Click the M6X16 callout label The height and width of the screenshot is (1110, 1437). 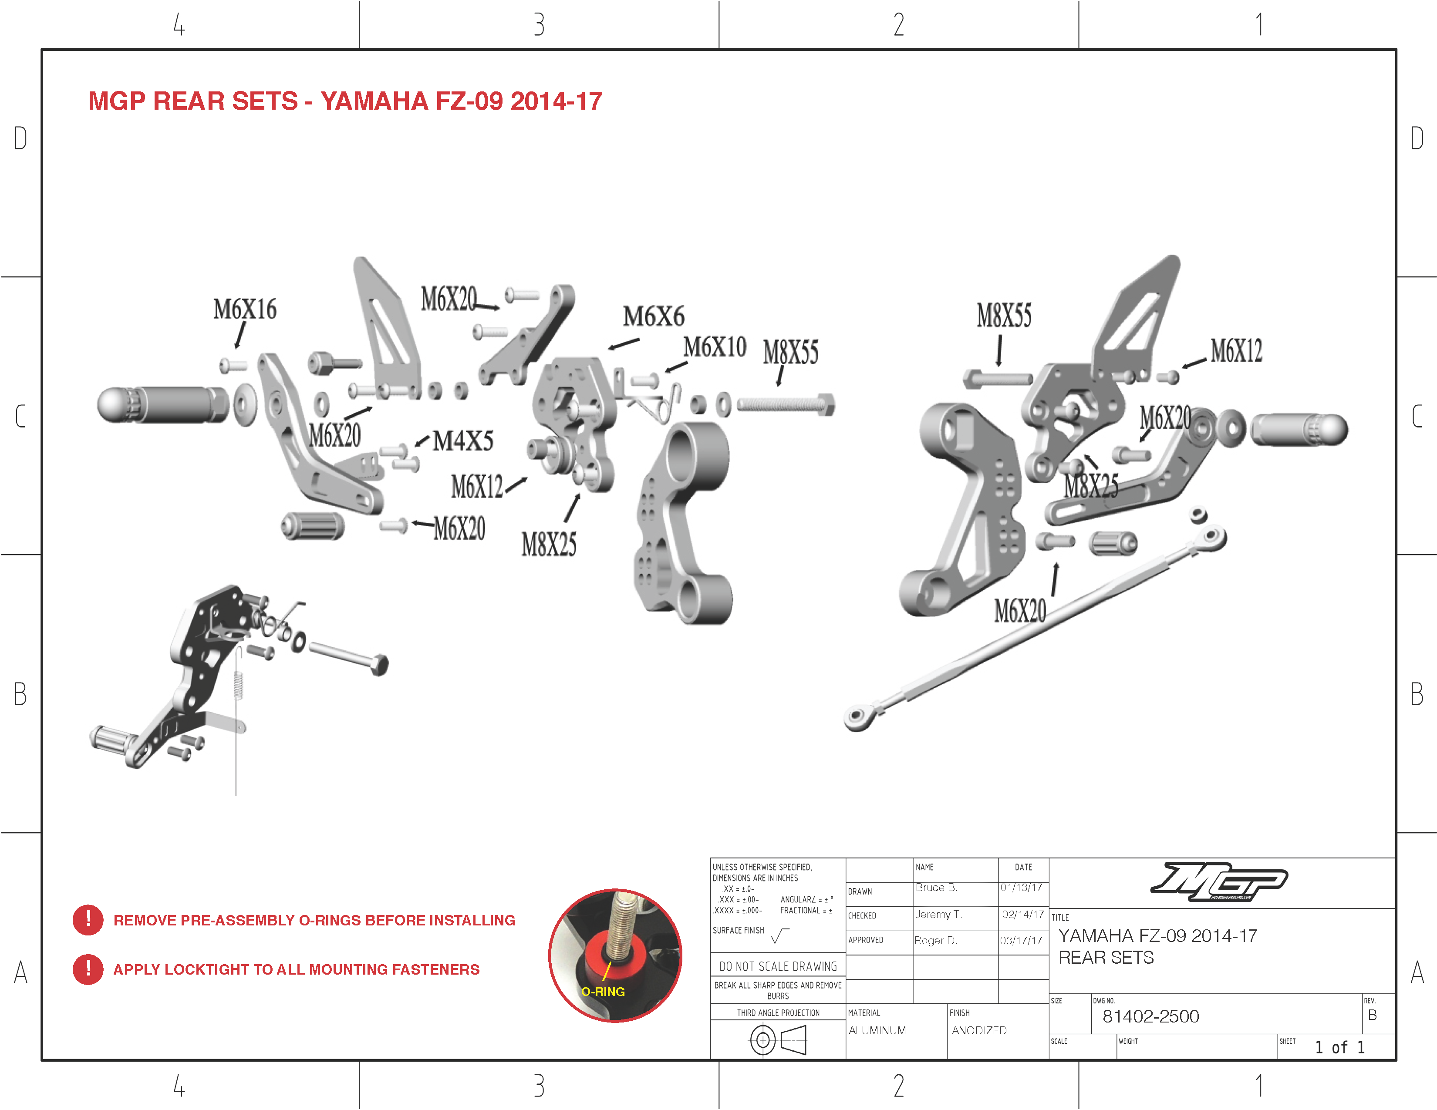245,309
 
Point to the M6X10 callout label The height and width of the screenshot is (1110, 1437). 715,346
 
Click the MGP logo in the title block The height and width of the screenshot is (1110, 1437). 1218,881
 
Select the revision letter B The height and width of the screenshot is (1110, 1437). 1373,1015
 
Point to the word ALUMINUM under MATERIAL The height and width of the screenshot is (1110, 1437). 877,1030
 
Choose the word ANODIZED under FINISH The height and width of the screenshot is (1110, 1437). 979,1030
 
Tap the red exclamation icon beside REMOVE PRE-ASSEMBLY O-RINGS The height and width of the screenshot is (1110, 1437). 88,920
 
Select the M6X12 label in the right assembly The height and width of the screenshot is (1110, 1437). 1236,350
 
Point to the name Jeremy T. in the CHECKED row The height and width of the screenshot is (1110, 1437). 938,915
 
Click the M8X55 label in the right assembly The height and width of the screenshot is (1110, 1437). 1004,316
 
